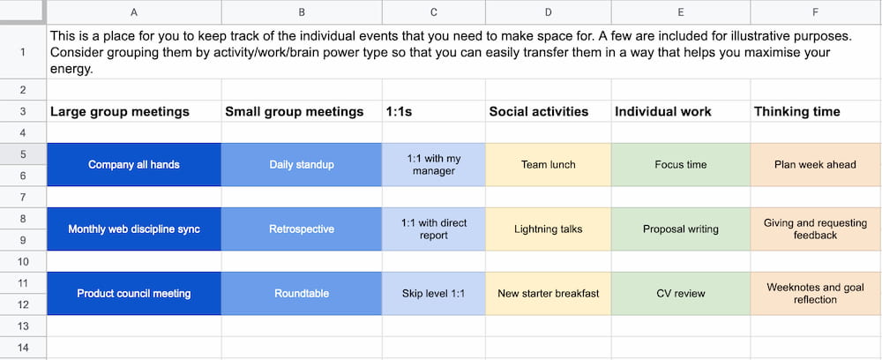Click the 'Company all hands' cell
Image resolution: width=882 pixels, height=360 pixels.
pos(134,165)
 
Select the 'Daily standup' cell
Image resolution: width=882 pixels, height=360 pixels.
pos(302,165)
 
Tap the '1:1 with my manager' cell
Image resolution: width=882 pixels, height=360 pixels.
pos(434,165)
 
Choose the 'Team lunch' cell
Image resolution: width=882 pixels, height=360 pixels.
pos(549,165)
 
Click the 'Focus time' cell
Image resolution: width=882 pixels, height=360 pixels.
pos(681,165)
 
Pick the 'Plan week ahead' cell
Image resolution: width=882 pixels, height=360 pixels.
pos(816,165)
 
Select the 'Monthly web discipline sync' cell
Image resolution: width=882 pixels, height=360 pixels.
pos(134,229)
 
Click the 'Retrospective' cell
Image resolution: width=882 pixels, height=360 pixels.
pos(302,229)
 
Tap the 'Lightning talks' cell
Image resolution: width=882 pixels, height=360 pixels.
pos(549,229)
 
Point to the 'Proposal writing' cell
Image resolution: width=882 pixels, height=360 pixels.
pos(681,229)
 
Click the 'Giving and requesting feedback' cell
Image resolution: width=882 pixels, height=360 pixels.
pos(816,229)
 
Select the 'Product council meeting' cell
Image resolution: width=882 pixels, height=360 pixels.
pos(134,294)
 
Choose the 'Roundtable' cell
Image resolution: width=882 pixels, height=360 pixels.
pos(302,294)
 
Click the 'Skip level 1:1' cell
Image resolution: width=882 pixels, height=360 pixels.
pos(434,294)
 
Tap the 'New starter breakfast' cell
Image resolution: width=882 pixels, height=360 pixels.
pos(549,294)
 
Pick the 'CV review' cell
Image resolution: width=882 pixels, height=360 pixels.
pos(681,294)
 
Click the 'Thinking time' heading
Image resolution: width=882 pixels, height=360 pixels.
pos(797,111)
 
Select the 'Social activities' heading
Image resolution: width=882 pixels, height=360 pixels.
pos(539,111)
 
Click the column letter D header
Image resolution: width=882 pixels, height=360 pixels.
pos(549,11)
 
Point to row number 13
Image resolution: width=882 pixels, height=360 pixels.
pos(23,326)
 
